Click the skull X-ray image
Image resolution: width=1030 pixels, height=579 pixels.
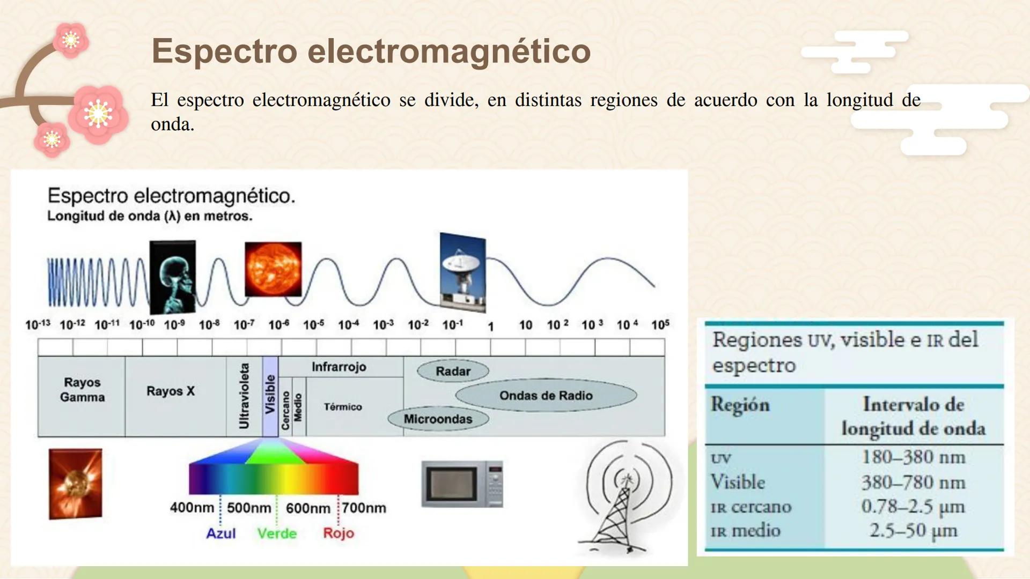point(172,277)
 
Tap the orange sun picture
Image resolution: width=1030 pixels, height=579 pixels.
point(273,269)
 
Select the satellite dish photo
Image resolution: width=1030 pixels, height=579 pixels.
point(462,272)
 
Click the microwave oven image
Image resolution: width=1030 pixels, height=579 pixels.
point(462,484)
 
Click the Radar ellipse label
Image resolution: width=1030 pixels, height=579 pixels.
point(453,371)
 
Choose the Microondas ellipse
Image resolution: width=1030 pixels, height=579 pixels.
point(438,419)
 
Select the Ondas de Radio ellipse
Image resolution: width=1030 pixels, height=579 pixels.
point(546,396)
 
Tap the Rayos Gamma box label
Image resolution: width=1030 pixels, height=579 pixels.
point(82,390)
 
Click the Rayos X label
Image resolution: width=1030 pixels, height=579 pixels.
point(171,391)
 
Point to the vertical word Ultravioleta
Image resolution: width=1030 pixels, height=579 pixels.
point(244,396)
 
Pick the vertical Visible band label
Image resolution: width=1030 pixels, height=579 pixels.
point(270,395)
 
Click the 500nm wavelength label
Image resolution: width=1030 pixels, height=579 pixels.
point(249,508)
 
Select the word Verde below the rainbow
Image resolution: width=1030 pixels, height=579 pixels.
point(277,533)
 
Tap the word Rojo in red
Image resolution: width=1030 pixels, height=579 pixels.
point(339,533)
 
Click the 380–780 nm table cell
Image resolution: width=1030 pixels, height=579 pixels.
point(913,482)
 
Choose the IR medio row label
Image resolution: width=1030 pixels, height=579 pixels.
point(746,531)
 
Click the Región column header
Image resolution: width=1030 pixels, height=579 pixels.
point(740,405)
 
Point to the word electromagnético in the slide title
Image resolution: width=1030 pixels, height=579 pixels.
point(449,51)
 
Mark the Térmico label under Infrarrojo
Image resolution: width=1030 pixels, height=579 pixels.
point(343,407)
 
